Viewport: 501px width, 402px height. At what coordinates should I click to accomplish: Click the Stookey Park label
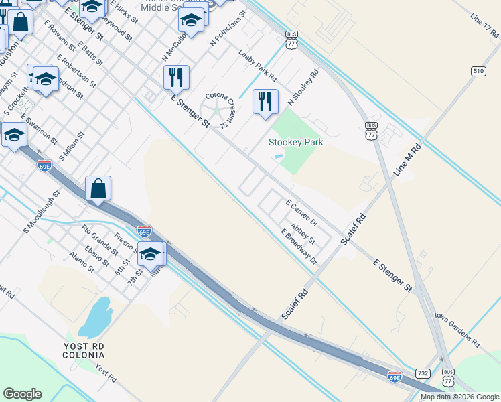coord(295,142)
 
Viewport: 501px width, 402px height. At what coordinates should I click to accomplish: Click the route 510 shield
coord(478,71)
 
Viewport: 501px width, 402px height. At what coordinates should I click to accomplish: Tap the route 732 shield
coord(422,373)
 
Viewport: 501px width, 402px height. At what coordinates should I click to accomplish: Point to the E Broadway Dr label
coord(299,246)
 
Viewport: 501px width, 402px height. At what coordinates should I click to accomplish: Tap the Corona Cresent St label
coord(222,108)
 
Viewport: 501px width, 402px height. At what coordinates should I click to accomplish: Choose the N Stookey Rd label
coord(303,86)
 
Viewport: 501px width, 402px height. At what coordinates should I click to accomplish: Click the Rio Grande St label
coord(99,238)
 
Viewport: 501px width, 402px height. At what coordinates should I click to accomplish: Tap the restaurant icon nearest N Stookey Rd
coord(265,102)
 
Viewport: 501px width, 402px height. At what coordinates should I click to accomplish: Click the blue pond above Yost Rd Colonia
coord(95,317)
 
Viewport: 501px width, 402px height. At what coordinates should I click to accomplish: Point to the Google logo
coord(23,393)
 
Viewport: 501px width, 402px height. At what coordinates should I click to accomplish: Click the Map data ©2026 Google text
coord(459,397)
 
